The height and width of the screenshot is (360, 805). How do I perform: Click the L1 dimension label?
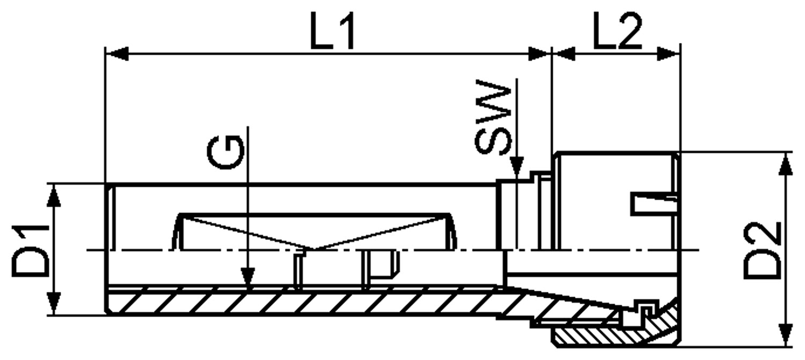click(333, 31)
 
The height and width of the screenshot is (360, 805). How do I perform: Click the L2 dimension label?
click(617, 31)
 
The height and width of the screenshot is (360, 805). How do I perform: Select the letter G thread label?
click(226, 152)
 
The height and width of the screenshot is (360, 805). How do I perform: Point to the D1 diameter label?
click(30, 251)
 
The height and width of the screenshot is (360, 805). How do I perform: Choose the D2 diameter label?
click(762, 251)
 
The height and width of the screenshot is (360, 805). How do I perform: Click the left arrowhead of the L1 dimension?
click(117, 54)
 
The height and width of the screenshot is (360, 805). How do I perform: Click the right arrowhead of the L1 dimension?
click(540, 54)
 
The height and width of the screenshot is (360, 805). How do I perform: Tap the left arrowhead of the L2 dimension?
click(563, 54)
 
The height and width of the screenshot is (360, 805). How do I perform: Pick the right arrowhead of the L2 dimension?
click(669, 54)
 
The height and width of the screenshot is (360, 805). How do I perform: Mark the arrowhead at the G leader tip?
click(248, 279)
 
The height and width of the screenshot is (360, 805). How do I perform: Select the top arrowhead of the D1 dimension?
click(54, 195)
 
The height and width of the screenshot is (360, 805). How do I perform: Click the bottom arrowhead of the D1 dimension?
click(54, 304)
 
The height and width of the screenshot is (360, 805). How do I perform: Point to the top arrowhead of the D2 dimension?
click(787, 164)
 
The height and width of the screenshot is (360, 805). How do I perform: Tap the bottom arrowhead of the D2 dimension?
click(787, 335)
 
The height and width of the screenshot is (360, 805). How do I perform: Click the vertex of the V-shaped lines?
click(310, 248)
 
